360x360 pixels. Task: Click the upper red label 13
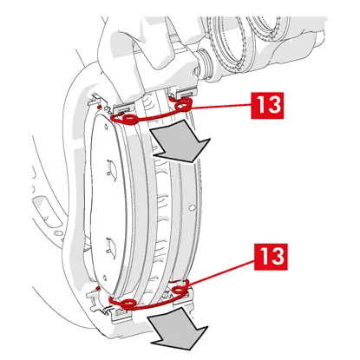tap(267, 105)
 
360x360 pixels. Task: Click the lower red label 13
tap(271, 257)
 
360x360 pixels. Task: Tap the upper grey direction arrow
tap(179, 141)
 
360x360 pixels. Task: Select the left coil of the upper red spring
tap(129, 119)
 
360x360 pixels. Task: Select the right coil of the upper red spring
tap(184, 104)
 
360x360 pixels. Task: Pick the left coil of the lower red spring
tap(128, 303)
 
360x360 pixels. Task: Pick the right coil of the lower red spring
tap(180, 290)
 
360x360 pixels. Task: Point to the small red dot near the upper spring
tap(99, 108)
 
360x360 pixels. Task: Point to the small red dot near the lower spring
tap(98, 288)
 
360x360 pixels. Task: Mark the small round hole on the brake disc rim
tap(191, 207)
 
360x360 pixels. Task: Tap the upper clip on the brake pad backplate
tap(110, 167)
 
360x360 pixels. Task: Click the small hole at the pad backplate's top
tap(105, 127)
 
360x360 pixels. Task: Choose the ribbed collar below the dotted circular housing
tap(204, 63)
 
